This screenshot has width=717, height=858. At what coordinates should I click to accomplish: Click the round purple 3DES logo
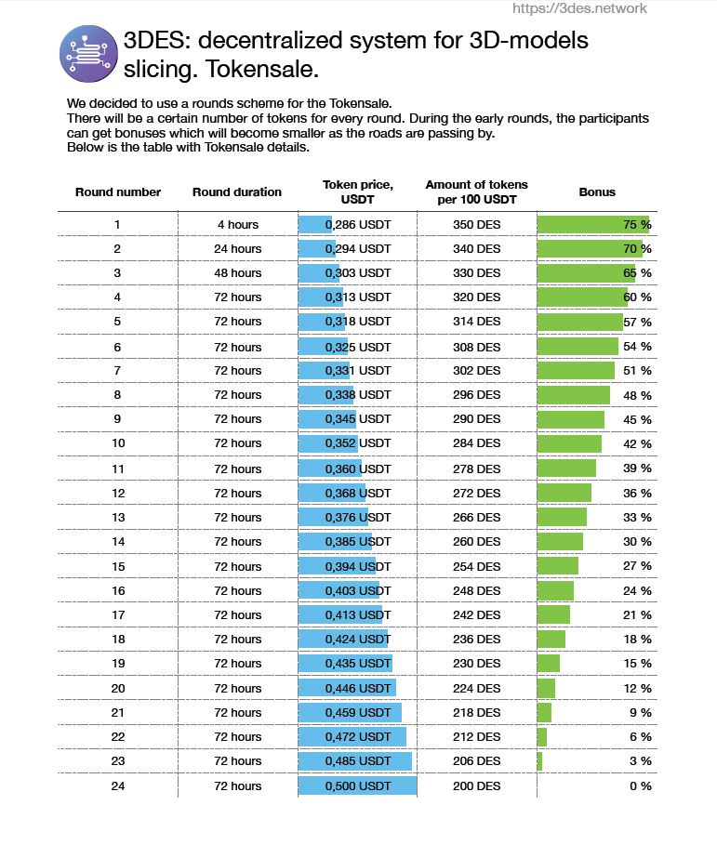pyautogui.click(x=88, y=54)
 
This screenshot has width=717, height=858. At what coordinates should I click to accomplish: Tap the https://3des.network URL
pyautogui.click(x=579, y=8)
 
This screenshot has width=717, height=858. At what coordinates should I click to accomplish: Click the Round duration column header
pyautogui.click(x=237, y=192)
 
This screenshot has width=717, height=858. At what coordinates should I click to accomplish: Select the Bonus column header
pyautogui.click(x=597, y=192)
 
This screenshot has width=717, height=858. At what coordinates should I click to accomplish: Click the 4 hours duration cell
pyautogui.click(x=237, y=224)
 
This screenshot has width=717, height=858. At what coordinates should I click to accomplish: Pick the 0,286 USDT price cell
pyautogui.click(x=358, y=224)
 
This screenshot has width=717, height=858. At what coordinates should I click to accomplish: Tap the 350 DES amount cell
pyautogui.click(x=477, y=224)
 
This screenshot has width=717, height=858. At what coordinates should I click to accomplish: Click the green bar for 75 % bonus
pyautogui.click(x=592, y=224)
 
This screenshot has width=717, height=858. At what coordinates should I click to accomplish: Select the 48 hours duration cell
pyautogui.click(x=237, y=272)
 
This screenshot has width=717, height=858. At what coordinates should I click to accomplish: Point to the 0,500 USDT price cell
pyautogui.click(x=358, y=785)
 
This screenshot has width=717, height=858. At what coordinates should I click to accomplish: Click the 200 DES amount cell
pyautogui.click(x=477, y=785)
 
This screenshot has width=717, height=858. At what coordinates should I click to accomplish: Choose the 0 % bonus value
pyautogui.click(x=641, y=785)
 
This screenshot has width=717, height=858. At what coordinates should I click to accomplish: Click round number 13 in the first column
pyautogui.click(x=118, y=517)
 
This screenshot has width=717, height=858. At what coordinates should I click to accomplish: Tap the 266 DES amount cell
pyautogui.click(x=477, y=517)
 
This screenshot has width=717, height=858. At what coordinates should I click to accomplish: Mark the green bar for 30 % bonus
pyautogui.click(x=560, y=542)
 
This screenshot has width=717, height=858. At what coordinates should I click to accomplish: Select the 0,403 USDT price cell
pyautogui.click(x=358, y=591)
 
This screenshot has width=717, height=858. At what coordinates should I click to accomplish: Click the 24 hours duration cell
pyautogui.click(x=237, y=248)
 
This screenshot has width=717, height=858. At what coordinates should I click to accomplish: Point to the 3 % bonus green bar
pyautogui.click(x=539, y=761)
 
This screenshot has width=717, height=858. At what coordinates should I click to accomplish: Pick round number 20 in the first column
pyautogui.click(x=118, y=689)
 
